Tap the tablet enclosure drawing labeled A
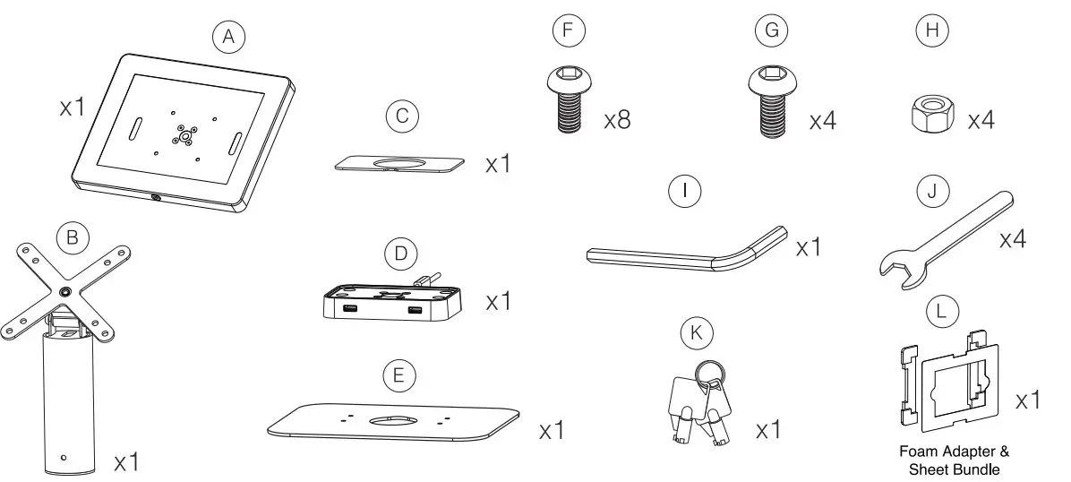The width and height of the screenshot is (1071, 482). tap(183, 134)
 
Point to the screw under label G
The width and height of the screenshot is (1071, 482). tap(769, 106)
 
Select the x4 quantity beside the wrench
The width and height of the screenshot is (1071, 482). tap(1012, 240)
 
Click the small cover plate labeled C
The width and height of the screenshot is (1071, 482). tap(400, 163)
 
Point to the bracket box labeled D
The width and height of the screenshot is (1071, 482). tap(390, 301)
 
